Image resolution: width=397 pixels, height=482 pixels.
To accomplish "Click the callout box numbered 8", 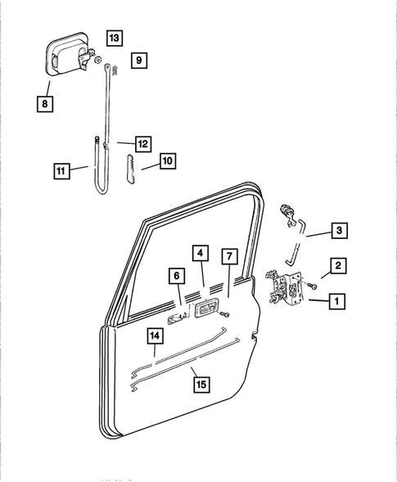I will point(44,103).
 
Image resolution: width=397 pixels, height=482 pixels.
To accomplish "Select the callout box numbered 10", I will point(166,162).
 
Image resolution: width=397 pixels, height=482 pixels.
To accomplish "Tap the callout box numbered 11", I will point(61,171).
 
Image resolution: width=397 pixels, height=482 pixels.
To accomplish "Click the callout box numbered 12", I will point(142,144).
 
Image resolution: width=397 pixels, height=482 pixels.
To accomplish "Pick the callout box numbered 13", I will point(114,38).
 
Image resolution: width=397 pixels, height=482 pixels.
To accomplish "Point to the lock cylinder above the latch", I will point(288,215).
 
